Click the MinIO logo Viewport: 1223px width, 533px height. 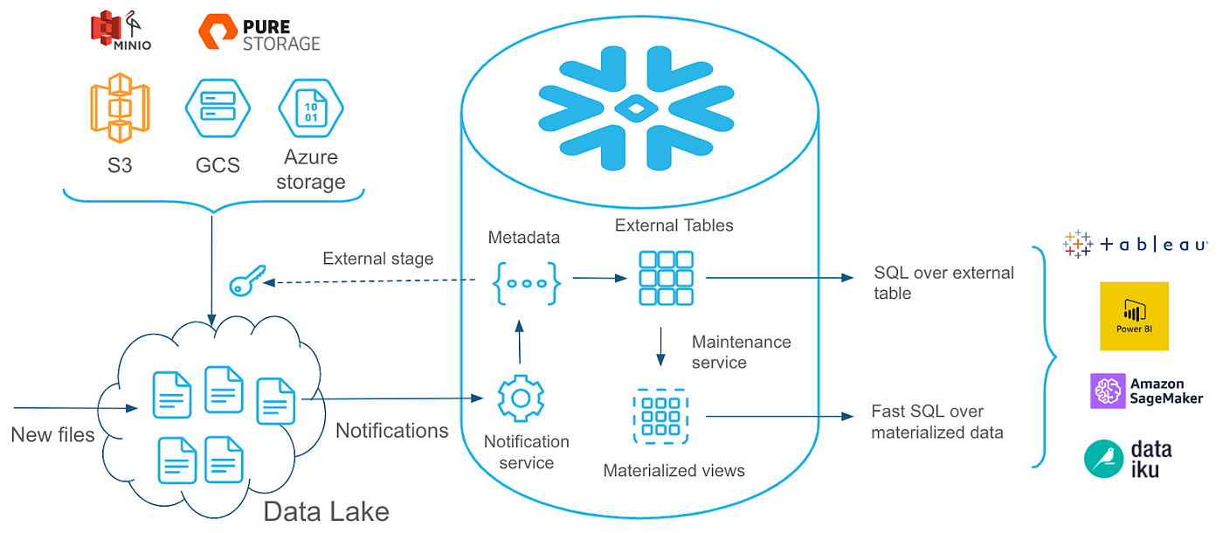[121, 31]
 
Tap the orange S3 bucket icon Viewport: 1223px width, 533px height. [119, 108]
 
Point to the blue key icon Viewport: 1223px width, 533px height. [245, 282]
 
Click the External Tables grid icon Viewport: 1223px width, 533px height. [666, 278]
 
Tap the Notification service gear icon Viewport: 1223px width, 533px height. [521, 398]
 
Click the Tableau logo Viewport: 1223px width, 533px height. [1134, 245]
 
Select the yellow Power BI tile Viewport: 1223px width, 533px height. [1134, 315]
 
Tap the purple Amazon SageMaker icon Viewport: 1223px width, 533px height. [1108, 391]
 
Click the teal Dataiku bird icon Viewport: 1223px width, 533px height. [1103, 459]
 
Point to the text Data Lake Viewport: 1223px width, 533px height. [326, 511]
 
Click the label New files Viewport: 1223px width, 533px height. [52, 434]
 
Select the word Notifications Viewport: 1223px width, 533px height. [392, 430]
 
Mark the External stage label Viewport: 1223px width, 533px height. [378, 259]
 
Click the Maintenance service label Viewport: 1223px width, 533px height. [741, 351]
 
